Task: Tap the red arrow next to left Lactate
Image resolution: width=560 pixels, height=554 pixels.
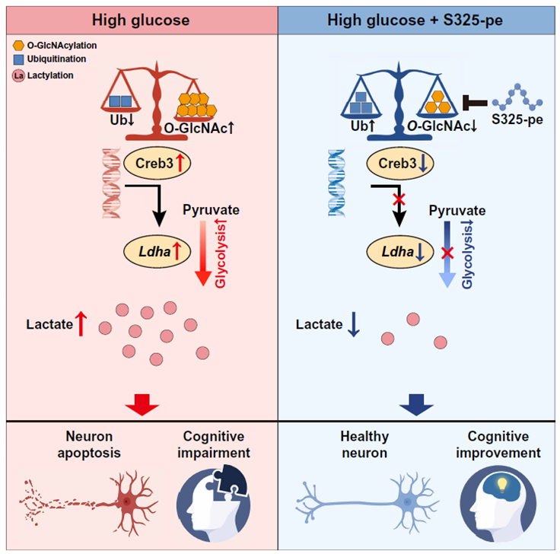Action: coord(82,325)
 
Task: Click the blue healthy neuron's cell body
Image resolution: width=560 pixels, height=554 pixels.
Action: coord(409,503)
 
